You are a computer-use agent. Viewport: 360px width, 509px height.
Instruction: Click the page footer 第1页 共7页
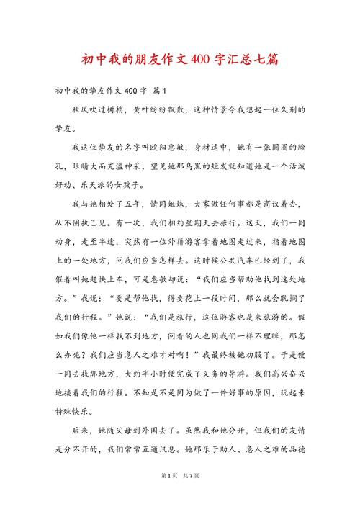coord(179,496)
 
